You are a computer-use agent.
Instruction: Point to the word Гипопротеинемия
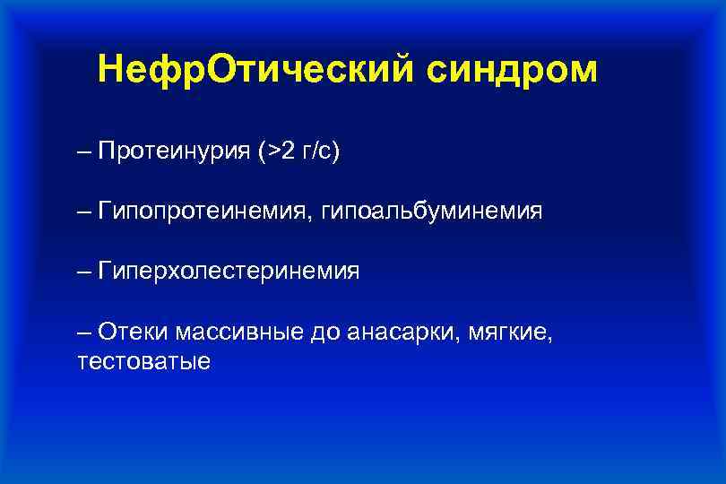point(200,212)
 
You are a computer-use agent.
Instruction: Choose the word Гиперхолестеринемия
point(229,272)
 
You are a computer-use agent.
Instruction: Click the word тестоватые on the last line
point(144,362)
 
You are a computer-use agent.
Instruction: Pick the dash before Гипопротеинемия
point(84,212)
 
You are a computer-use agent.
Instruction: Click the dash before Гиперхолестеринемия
point(84,272)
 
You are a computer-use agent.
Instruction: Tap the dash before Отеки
point(84,332)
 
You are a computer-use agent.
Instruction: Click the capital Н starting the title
point(112,69)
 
